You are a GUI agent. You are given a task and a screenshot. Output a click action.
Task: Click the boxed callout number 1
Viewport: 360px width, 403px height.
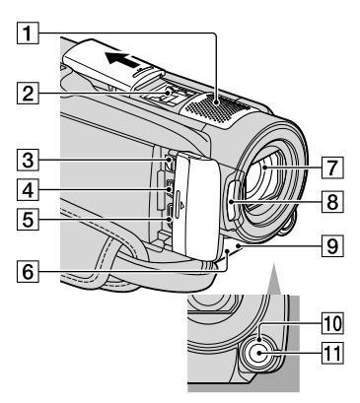[x=28, y=33]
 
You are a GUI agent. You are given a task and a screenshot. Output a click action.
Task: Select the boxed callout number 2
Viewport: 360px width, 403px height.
[x=28, y=93]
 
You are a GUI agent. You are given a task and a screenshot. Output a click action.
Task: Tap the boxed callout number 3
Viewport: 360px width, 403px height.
[x=28, y=160]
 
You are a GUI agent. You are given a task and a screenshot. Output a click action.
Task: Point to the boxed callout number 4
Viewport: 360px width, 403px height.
[x=28, y=189]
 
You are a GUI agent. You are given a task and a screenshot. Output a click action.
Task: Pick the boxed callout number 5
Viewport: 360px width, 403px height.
[x=28, y=219]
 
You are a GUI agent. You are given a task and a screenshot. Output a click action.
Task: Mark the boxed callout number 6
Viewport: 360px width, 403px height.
[x=28, y=271]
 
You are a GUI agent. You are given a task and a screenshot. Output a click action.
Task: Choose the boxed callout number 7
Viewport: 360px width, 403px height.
[x=332, y=168]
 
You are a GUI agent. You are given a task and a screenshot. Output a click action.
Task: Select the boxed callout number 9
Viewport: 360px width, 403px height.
[x=332, y=245]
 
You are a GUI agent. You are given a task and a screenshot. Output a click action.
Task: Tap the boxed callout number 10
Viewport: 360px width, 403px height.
[x=332, y=323]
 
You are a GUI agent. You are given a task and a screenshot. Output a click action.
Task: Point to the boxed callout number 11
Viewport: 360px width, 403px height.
[x=332, y=353]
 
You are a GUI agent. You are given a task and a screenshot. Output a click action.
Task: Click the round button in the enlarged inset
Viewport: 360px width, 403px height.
[x=259, y=354]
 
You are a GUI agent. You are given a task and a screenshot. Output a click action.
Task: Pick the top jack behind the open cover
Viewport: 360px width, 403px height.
[x=170, y=163]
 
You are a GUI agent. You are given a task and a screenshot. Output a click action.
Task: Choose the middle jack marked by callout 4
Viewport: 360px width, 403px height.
[x=170, y=189]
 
